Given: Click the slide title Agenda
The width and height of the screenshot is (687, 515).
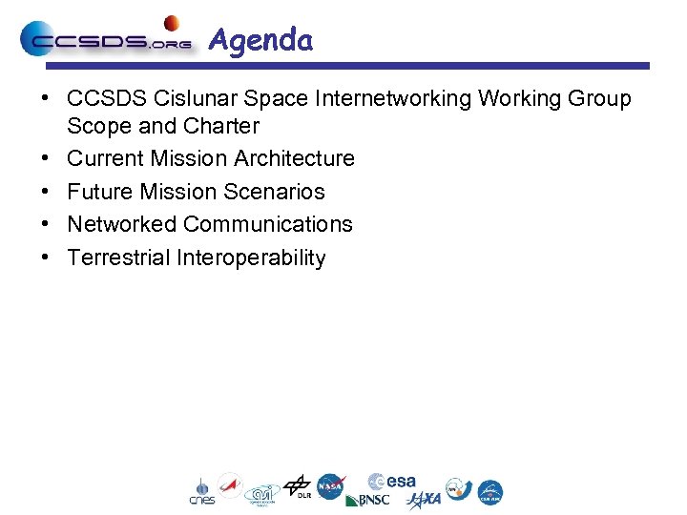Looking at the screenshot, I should pyautogui.click(x=260, y=40).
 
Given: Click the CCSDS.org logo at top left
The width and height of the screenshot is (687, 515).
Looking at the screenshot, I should pyautogui.click(x=105, y=41).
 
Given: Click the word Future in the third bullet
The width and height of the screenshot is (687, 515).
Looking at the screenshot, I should pyautogui.click(x=100, y=192).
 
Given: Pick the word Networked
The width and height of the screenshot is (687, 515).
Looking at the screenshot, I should pyautogui.click(x=122, y=224).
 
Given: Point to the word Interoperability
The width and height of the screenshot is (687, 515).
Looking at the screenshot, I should pyautogui.click(x=252, y=257).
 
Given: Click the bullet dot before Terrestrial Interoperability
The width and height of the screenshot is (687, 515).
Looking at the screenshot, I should pyautogui.click(x=45, y=257).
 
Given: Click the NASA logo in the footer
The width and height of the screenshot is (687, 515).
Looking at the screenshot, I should pyautogui.click(x=331, y=486).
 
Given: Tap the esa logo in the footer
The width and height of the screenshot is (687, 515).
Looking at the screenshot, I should pyautogui.click(x=392, y=482).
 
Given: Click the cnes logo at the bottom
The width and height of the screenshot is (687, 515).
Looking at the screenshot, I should pyautogui.click(x=201, y=492).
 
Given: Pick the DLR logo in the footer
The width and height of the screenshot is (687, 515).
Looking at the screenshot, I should pyautogui.click(x=299, y=487).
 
